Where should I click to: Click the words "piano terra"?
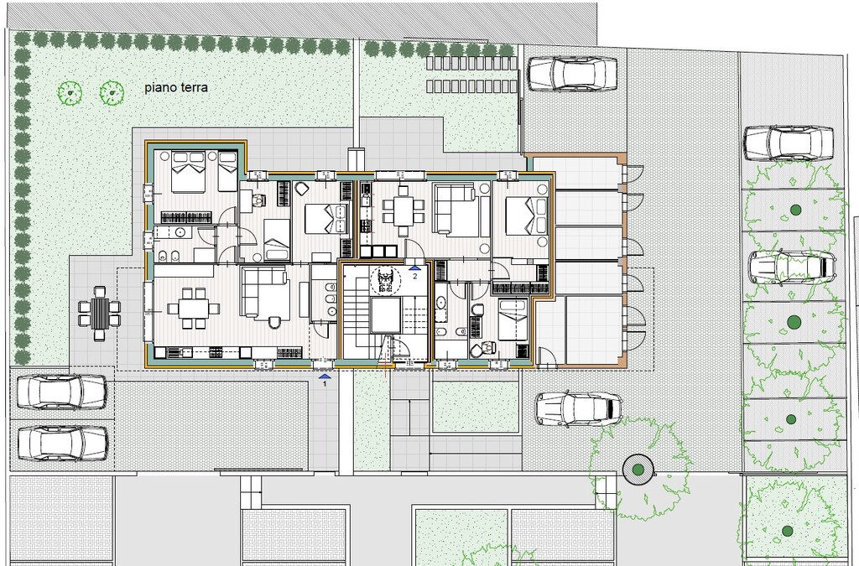(176, 87)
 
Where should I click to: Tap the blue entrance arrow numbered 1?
(325, 376)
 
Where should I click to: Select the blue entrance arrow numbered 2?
(414, 267)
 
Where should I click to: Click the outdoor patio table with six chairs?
(99, 313)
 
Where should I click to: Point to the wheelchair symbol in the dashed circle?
(386, 280)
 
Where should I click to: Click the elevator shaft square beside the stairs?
(389, 316)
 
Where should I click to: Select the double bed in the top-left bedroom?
(188, 172)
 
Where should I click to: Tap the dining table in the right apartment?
(403, 210)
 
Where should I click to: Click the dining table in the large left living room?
(187, 309)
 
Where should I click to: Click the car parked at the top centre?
(572, 73)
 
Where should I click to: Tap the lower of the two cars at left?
(62, 443)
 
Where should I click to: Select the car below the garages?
(579, 409)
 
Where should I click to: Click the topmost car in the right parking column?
(789, 143)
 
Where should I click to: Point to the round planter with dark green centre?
(638, 470)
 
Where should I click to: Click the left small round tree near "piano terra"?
(70, 93)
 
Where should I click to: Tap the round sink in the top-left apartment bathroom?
(181, 233)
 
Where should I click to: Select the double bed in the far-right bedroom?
(526, 217)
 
